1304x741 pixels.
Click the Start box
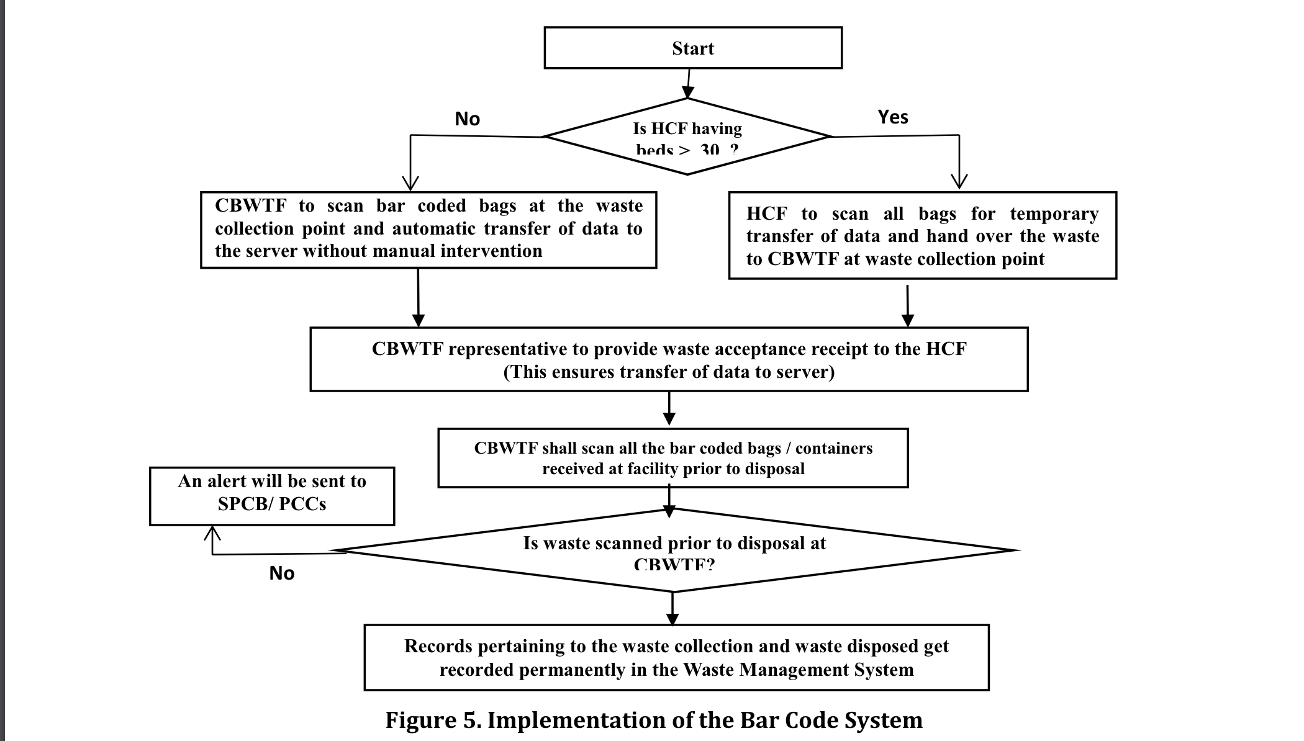click(692, 48)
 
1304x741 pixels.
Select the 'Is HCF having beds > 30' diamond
click(687, 137)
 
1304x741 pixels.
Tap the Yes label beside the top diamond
click(892, 117)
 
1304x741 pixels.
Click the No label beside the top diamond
click(467, 119)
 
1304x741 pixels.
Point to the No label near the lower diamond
click(281, 573)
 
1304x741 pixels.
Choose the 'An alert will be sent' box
click(272, 496)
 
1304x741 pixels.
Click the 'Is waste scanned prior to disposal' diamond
click(674, 550)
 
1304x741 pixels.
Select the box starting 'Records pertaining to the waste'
click(676, 657)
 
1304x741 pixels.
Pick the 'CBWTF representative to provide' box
click(669, 359)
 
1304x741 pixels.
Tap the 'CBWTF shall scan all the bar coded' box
click(672, 458)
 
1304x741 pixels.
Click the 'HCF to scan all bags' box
click(922, 236)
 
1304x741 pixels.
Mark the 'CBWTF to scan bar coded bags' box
click(428, 229)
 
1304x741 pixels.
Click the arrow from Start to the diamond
click(688, 83)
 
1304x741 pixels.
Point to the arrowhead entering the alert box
click(212, 533)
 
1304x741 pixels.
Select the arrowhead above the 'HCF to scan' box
click(959, 181)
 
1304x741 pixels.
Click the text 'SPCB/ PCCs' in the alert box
click(272, 504)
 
